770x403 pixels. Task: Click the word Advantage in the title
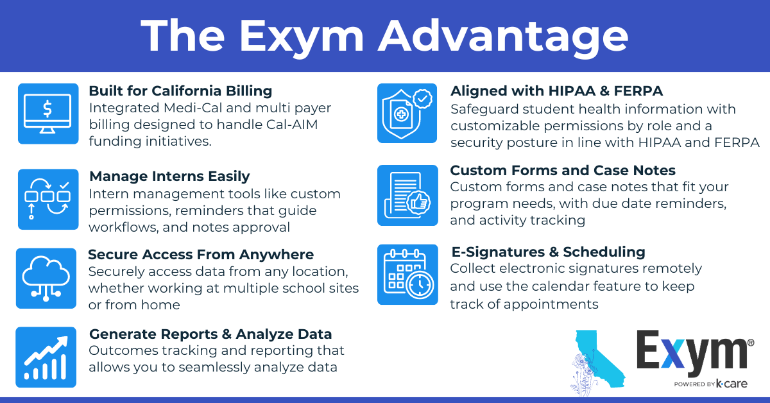(x=502, y=37)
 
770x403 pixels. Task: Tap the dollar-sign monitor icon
(x=47, y=113)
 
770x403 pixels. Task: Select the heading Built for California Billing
(x=180, y=91)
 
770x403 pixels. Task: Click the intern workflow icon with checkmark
(x=47, y=199)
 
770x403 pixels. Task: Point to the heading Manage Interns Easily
(x=169, y=176)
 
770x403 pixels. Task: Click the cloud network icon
(x=46, y=278)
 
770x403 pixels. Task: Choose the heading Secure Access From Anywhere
(x=201, y=255)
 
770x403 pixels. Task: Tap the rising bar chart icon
(x=46, y=357)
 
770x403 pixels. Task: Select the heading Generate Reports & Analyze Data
(x=210, y=334)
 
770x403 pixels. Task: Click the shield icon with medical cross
(x=407, y=113)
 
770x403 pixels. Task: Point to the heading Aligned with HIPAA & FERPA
(x=556, y=91)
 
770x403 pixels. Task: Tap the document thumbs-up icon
(x=407, y=195)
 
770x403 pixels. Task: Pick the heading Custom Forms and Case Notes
(x=563, y=171)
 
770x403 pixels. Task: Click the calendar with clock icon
(x=407, y=275)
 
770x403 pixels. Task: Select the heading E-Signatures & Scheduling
(x=547, y=252)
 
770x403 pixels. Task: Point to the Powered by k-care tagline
(x=710, y=384)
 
